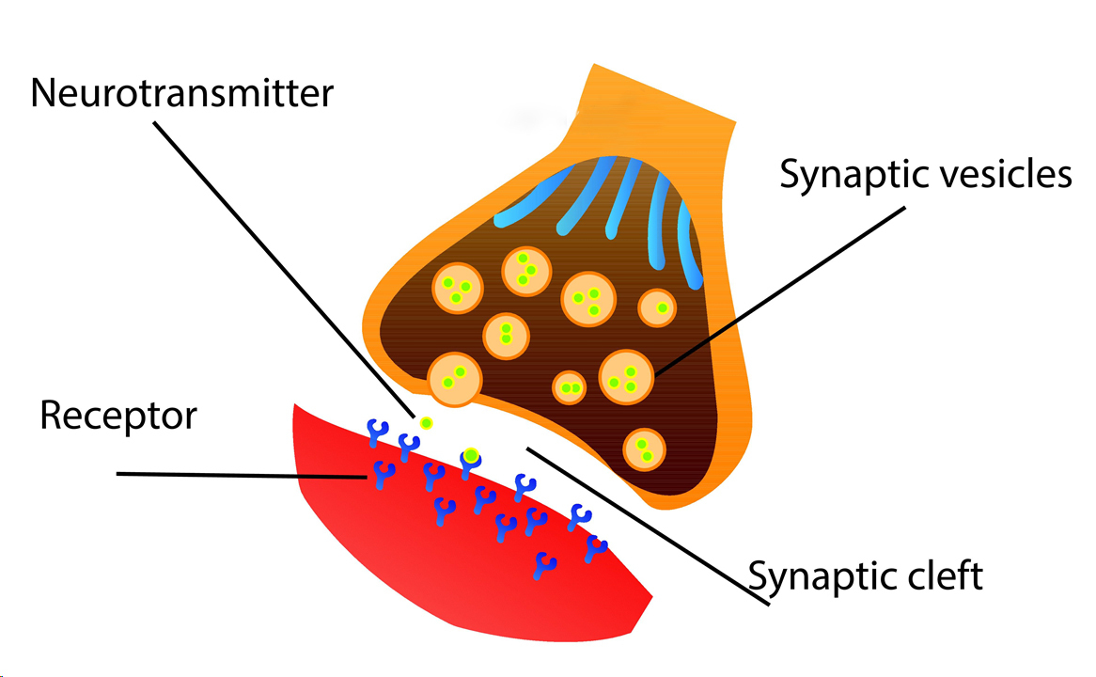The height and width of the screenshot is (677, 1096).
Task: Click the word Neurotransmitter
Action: [x=181, y=93]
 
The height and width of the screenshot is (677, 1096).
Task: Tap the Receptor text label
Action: [x=118, y=417]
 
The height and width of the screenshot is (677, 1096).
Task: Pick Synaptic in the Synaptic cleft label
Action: [x=822, y=578]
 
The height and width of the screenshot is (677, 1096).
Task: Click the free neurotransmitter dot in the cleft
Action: [x=426, y=422]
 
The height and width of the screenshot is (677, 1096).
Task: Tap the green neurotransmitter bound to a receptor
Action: [x=471, y=456]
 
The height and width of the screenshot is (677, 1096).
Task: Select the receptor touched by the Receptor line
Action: [x=383, y=475]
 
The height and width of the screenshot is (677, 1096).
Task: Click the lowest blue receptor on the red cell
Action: [x=544, y=566]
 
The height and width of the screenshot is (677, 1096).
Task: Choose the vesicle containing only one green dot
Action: [x=657, y=307]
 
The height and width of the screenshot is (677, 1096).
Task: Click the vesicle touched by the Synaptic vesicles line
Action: [x=626, y=378]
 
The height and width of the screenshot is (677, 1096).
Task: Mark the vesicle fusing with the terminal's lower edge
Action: [x=454, y=380]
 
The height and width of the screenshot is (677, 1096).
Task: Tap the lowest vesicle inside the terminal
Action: [x=644, y=449]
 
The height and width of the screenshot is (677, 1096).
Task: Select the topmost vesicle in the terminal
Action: [x=526, y=272]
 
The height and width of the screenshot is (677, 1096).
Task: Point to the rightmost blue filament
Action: [x=689, y=244]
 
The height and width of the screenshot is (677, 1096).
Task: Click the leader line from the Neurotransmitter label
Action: [x=283, y=269]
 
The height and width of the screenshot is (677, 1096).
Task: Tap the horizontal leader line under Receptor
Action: [x=242, y=476]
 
